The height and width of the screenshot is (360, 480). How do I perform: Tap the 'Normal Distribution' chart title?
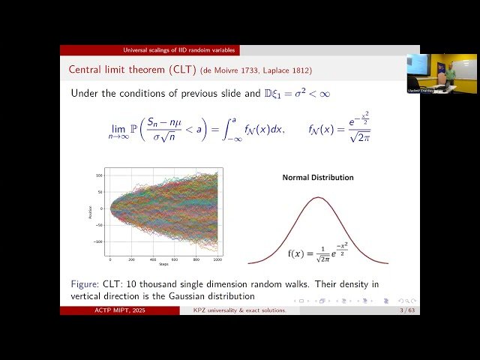[317, 178]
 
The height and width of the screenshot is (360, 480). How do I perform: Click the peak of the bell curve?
[317, 198]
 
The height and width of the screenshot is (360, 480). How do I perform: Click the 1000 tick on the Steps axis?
[217, 259]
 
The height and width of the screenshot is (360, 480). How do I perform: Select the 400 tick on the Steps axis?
[153, 259]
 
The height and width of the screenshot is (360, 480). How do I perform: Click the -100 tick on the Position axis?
[97, 242]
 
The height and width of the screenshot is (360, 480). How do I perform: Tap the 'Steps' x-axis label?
[163, 264]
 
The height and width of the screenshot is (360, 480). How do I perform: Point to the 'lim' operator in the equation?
[115, 128]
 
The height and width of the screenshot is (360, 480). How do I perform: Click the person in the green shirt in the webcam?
[442, 76]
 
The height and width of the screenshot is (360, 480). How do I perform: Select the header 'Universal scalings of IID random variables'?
[149, 50]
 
